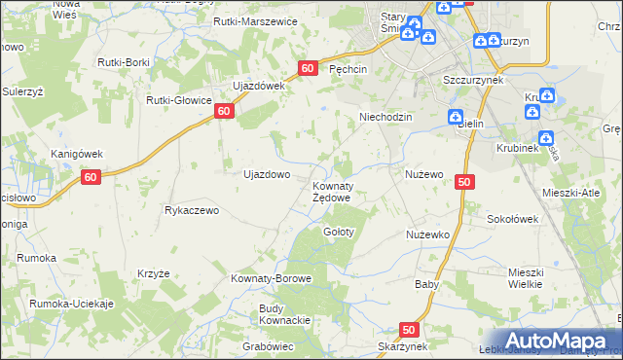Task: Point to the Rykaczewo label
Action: point(195,209)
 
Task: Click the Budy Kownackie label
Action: point(284,315)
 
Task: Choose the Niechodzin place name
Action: point(386,117)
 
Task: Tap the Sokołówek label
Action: point(513,219)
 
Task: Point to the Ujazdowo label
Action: point(266,174)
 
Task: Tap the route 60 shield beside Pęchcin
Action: point(308,68)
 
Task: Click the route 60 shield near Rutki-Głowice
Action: point(224,112)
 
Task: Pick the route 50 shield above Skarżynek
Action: point(409,330)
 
